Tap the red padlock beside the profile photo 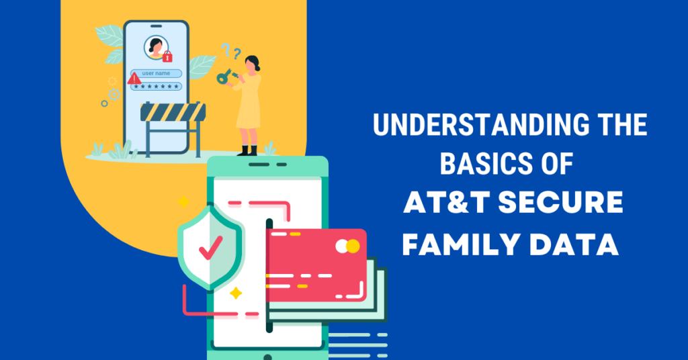(167, 56)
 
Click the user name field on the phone (157, 73)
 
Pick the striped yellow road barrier (172, 112)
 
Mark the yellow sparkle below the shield (236, 293)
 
